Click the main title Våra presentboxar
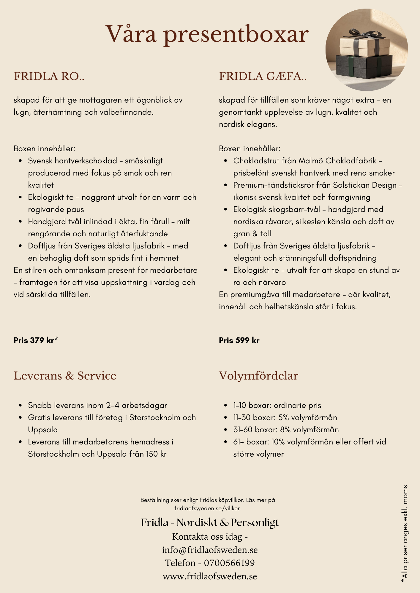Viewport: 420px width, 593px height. pos(207,34)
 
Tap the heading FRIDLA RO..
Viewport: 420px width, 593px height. pos(49,76)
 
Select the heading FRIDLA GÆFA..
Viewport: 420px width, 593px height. pos(263,76)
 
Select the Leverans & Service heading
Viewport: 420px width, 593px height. pos(65,376)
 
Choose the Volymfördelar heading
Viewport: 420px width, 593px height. pos(258,376)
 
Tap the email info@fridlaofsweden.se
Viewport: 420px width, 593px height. pos(210,550)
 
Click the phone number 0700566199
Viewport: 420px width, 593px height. pos(229,563)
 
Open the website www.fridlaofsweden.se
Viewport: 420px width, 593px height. pos(210,576)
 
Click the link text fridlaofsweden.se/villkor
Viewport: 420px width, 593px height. pos(208,508)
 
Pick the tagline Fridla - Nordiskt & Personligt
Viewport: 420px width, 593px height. pos(210,522)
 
